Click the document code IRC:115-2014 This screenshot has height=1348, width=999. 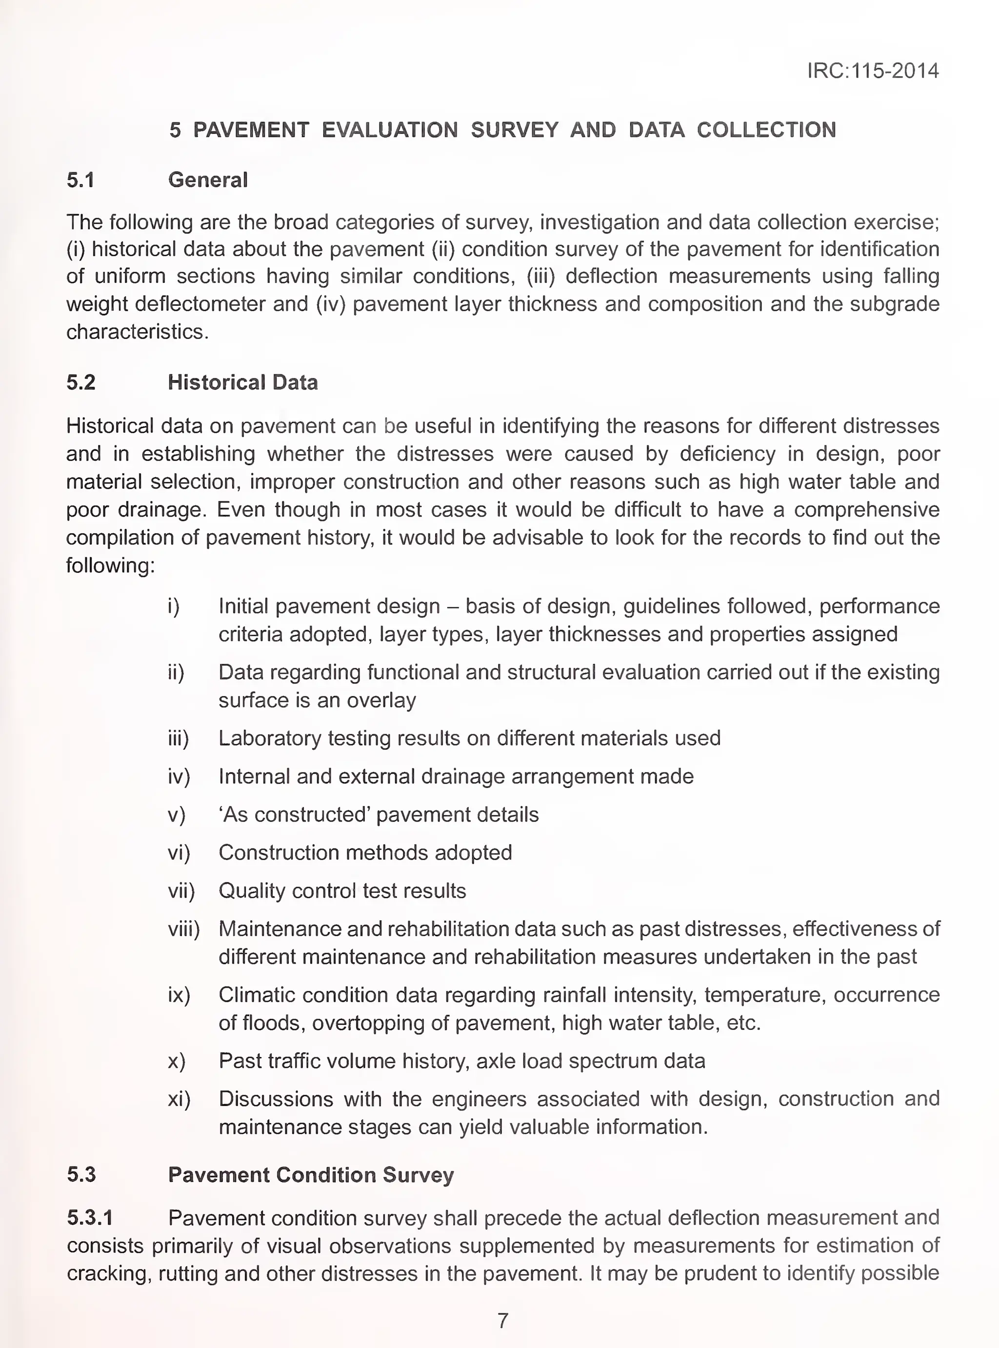coord(873,71)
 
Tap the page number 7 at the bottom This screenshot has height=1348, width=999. coord(502,1320)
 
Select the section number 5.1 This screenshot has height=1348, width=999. coord(80,180)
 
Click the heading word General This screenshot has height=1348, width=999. coord(207,180)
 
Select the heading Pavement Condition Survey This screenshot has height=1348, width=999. coord(311,1174)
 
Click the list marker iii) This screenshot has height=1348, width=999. coord(179,739)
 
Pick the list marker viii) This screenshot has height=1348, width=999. coord(183,929)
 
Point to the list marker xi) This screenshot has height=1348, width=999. coord(179,1099)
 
